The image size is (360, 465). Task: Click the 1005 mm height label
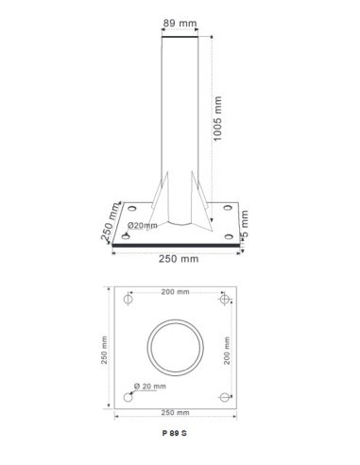pyautogui.click(x=218, y=117)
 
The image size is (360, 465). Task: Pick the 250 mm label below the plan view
pyautogui.click(x=176, y=413)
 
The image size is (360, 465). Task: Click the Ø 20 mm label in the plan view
pyautogui.click(x=151, y=387)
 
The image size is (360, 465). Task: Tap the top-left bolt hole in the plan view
pyautogui.click(x=127, y=301)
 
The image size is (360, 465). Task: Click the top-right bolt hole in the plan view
pyautogui.click(x=224, y=301)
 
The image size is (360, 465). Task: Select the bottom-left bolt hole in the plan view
pyautogui.click(x=127, y=397)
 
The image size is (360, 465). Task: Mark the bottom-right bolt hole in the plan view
pyautogui.click(x=224, y=397)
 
